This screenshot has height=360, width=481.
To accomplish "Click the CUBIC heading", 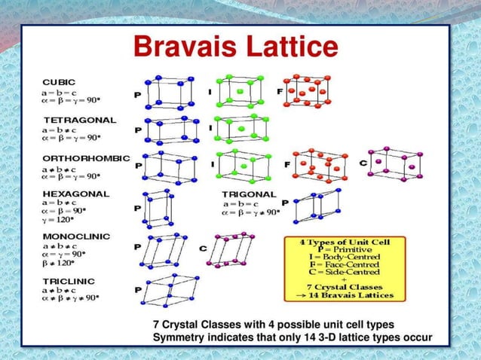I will coord(58,81).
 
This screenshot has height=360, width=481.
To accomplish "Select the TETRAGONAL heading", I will coord(79,120).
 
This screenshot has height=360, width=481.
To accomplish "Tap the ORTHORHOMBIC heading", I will coord(87,159).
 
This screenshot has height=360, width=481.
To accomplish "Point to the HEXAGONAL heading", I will coord(75,194).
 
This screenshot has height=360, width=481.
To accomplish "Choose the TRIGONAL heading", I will coord(249,194).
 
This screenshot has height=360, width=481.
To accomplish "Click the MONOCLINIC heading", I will coord(76,236).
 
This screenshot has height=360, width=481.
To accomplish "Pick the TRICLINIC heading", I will coord(69,280).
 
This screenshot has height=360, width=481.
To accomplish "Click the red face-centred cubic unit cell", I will coord(305,90).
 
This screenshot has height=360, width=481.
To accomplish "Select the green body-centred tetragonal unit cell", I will coord(240,129).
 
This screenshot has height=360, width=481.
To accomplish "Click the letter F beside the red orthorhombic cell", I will coord(286,163).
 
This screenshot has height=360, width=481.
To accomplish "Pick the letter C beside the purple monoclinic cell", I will coord(203,247).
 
